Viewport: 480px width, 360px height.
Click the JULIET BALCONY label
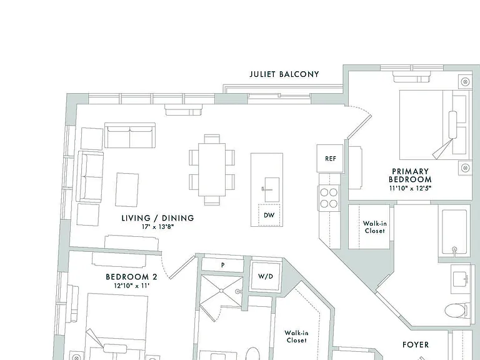(284, 74)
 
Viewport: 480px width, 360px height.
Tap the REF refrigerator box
(330, 158)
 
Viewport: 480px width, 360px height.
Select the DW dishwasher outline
(269, 215)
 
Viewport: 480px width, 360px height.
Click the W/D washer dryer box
(266, 276)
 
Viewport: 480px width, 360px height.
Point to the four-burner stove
(329, 198)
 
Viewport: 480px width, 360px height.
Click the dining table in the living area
(212, 169)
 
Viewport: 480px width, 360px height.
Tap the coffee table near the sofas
(127, 189)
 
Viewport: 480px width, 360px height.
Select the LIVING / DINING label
(158, 218)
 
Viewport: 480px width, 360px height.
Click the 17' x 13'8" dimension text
(157, 227)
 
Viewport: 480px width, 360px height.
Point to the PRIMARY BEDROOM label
(410, 176)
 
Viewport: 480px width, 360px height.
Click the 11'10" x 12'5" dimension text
(410, 188)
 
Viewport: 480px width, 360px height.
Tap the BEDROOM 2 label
(131, 277)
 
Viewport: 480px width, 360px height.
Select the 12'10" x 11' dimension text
(131, 286)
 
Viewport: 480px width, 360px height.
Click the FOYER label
(416, 345)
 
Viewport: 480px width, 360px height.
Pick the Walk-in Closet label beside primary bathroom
(375, 227)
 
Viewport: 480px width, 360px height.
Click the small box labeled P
(222, 265)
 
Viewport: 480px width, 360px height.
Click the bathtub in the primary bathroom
(454, 232)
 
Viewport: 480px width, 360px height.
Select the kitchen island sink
(271, 189)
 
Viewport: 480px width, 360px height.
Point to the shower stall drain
(221, 291)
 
